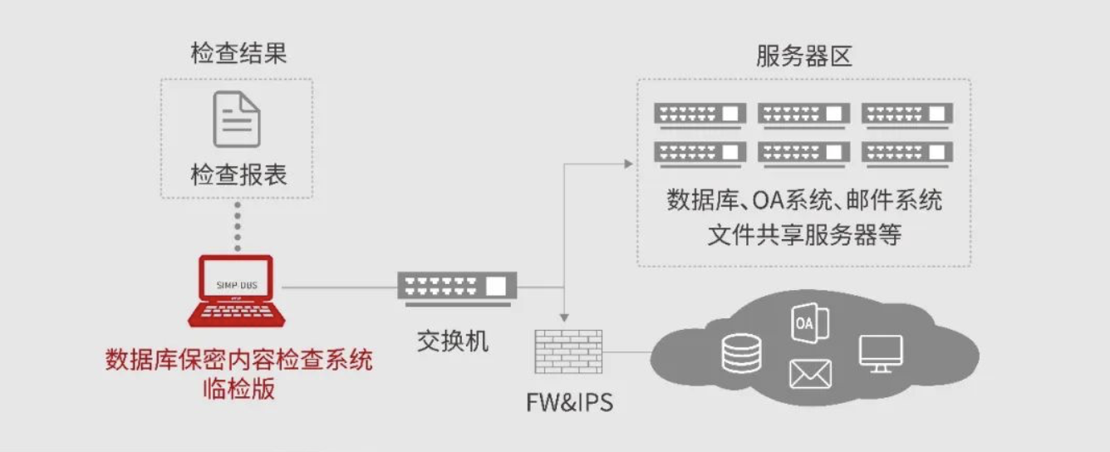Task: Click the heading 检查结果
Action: coord(238,55)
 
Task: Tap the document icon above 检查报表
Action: coord(237,120)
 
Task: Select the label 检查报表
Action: coord(238,175)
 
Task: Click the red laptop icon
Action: coord(237,291)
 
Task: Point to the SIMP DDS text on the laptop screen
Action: coord(237,284)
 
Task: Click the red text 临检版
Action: coord(238,389)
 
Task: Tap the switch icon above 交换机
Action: coord(457,286)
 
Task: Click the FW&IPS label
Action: coord(569,403)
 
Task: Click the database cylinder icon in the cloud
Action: coord(741,352)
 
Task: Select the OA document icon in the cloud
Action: coord(808,323)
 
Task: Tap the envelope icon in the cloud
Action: coord(810,374)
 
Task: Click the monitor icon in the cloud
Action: coord(881,353)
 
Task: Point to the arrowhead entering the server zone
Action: coord(629,164)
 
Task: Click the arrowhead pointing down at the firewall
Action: coord(565,318)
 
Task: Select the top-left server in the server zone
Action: coord(700,114)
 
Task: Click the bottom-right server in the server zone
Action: coord(907,152)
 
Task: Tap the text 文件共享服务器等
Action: coord(803,235)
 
